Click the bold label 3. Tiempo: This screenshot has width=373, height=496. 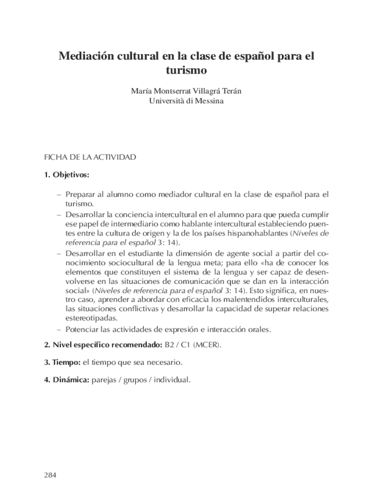tap(62, 362)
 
